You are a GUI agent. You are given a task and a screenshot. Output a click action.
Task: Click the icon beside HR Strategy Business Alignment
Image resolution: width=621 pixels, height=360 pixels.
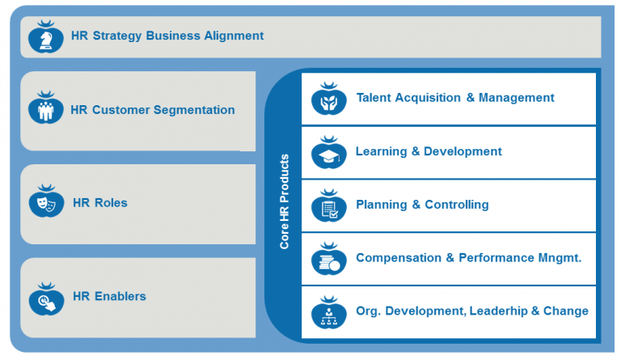pos(45,37)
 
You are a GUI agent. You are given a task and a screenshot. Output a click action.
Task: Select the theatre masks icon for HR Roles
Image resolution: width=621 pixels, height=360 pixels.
pos(46,202)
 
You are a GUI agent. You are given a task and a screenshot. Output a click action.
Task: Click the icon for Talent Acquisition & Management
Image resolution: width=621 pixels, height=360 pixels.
pos(328,100)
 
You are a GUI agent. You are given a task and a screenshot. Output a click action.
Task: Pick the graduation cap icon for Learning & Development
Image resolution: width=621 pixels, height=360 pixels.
pos(328,153)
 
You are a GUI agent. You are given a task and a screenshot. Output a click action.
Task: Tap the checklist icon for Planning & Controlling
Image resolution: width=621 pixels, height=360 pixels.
pos(328,206)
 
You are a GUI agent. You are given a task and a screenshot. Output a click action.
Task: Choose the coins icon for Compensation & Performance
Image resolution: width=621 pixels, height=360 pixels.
pos(328,260)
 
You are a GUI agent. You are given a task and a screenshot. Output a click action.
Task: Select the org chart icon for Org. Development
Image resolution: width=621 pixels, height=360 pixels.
pos(328,312)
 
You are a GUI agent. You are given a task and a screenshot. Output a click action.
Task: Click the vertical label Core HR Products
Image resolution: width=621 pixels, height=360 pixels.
pos(284,201)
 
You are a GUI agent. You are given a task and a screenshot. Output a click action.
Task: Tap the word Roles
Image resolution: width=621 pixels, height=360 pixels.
pos(110,203)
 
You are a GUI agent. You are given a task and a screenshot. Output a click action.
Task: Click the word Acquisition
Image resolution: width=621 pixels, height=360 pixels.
pos(429,98)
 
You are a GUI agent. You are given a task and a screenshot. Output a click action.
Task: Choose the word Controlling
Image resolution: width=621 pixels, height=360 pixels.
pos(457,205)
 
